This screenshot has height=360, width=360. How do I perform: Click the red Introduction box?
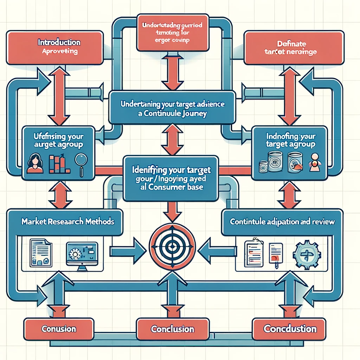[x=54, y=47]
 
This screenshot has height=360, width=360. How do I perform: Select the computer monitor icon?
[x=82, y=253]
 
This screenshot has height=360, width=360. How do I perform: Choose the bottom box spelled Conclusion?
[x=172, y=330]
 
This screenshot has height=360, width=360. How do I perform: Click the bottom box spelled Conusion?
[x=59, y=329]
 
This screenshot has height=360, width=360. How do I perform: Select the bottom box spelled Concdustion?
[x=290, y=329]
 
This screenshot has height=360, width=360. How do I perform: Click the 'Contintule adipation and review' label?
[x=282, y=222]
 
